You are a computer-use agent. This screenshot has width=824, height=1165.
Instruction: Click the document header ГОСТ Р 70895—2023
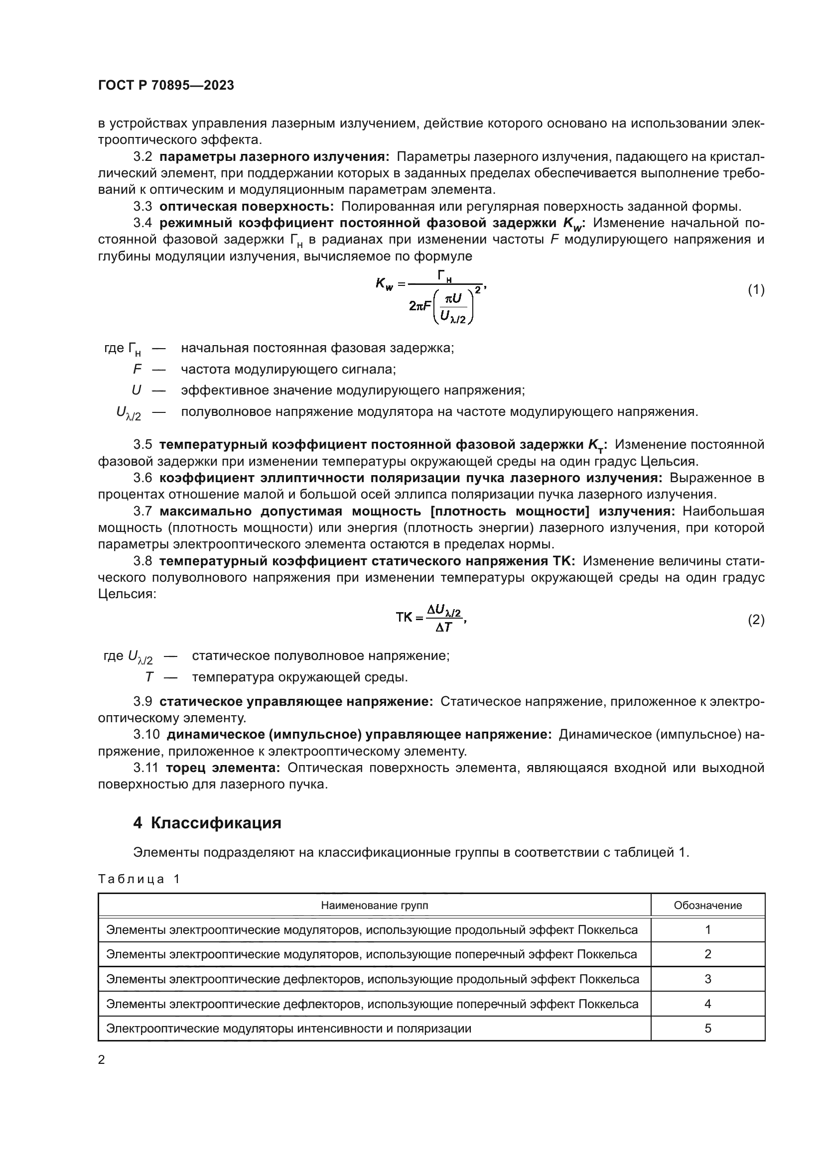pyautogui.click(x=166, y=86)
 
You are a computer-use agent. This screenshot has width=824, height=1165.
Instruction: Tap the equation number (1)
pyautogui.click(x=756, y=290)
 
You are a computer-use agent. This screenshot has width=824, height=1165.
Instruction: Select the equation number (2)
pyautogui.click(x=756, y=620)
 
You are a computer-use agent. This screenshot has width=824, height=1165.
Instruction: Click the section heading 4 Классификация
pyautogui.click(x=207, y=822)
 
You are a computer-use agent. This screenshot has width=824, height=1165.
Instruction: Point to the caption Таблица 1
pyautogui.click(x=139, y=879)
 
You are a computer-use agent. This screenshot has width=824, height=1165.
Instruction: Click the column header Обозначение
pyautogui.click(x=707, y=905)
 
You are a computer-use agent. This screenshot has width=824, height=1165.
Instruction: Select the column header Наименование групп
pyautogui.click(x=375, y=905)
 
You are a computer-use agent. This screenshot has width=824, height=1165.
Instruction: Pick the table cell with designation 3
pyautogui.click(x=707, y=979)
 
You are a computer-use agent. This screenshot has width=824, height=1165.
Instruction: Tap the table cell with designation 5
pyautogui.click(x=707, y=1028)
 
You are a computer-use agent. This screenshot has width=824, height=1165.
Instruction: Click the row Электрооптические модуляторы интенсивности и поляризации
pyautogui.click(x=289, y=1028)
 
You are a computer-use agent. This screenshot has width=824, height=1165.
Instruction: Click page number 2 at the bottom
pyautogui.click(x=102, y=1059)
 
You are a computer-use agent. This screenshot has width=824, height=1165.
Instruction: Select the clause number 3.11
pyautogui.click(x=146, y=768)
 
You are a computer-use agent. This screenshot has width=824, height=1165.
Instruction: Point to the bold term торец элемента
pyautogui.click(x=223, y=768)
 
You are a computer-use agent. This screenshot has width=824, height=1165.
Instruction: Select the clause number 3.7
pyautogui.click(x=143, y=511)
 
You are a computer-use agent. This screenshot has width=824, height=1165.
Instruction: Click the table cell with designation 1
pyautogui.click(x=707, y=929)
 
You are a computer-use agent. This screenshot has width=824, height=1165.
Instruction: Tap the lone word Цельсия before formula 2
pyautogui.click(x=127, y=594)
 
